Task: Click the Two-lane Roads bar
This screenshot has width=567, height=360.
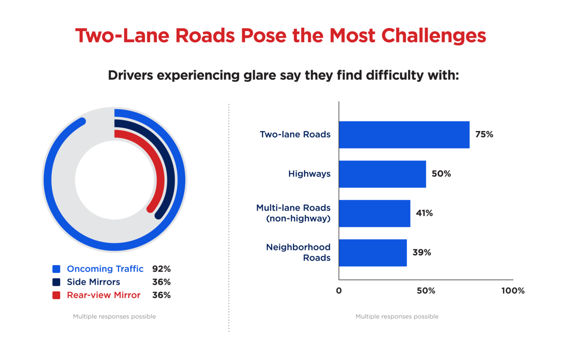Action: (404, 134)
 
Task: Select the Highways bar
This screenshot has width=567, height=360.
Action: (383, 174)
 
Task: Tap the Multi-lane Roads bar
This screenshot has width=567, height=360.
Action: (375, 213)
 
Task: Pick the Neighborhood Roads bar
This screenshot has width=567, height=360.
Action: (373, 253)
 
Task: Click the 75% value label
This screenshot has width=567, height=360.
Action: (484, 134)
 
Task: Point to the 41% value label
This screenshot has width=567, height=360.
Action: (424, 213)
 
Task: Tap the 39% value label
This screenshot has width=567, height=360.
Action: (422, 252)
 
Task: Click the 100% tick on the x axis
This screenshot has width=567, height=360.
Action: (513, 290)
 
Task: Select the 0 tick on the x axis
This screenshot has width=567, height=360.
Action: (339, 290)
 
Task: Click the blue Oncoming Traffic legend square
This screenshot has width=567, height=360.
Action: (56, 269)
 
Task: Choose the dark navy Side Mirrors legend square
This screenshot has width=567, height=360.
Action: (56, 282)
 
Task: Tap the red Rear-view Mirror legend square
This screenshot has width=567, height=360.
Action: (56, 295)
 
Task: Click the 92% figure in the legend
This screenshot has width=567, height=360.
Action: (161, 269)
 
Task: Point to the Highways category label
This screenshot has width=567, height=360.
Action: (309, 174)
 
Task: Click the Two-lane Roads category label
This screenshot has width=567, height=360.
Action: (295, 134)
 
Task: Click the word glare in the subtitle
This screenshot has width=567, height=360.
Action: (260, 76)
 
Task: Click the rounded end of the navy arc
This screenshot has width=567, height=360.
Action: (158, 215)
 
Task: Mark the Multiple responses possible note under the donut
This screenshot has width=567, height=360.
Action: (115, 317)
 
